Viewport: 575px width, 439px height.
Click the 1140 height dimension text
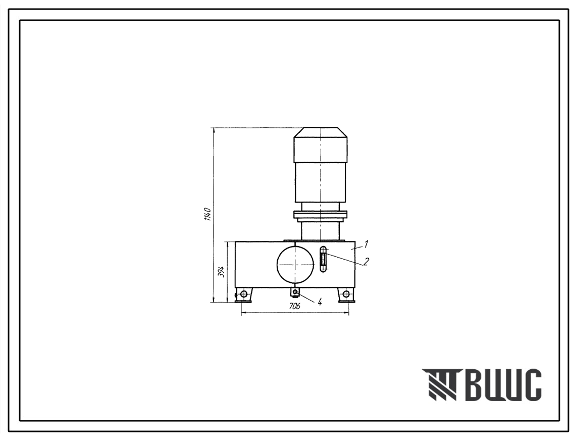point(207,214)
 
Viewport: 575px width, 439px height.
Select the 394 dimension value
point(221,272)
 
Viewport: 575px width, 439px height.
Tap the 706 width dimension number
point(294,306)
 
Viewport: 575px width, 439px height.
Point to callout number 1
point(366,244)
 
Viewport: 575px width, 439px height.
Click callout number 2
point(366,261)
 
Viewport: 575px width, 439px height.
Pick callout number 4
point(320,302)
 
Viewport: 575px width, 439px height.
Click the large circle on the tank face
point(295,265)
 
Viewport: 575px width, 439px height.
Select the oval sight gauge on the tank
point(323,260)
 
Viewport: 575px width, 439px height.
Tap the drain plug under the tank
point(295,292)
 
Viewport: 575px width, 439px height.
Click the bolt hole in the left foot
point(243,294)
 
